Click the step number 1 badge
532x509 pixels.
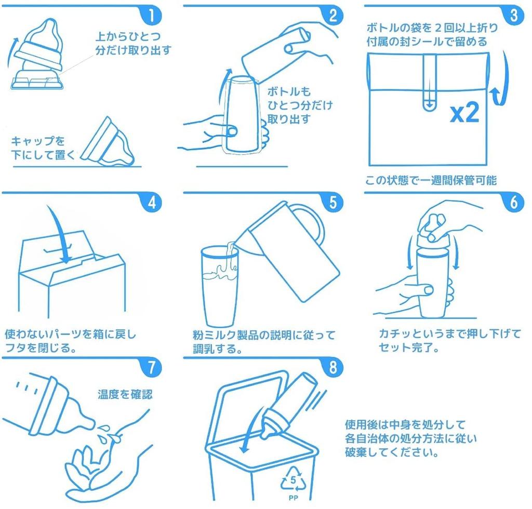pyautogui.click(x=151, y=15)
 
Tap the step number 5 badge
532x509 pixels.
pyautogui.click(x=332, y=203)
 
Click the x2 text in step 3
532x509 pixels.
pyautogui.click(x=464, y=113)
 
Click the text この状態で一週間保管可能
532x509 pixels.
pyautogui.click(x=431, y=180)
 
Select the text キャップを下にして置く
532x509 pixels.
pyautogui.click(x=42, y=148)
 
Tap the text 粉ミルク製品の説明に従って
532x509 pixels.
pyautogui.click(x=264, y=335)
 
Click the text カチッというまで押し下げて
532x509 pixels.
pyautogui.click(x=449, y=335)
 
